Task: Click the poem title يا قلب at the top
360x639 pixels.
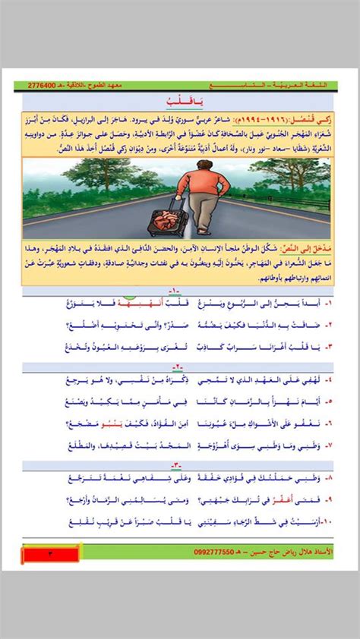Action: point(180,100)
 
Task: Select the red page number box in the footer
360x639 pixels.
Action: point(50,555)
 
